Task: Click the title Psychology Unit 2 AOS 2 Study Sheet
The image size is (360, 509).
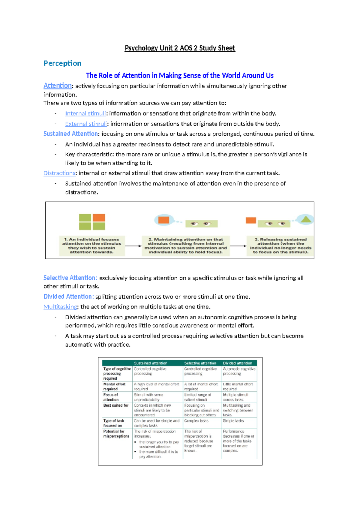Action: click(x=180, y=48)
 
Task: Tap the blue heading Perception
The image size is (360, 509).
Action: click(x=62, y=63)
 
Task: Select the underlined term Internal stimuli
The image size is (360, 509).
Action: click(x=85, y=113)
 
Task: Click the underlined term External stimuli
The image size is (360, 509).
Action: click(x=86, y=124)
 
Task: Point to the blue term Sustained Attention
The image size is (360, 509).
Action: click(x=70, y=134)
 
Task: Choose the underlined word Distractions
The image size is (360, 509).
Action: click(x=59, y=173)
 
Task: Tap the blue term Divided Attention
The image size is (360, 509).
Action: click(x=68, y=297)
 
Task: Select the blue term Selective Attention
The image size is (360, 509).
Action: click(x=70, y=278)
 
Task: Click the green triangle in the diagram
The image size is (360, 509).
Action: click(x=306, y=219)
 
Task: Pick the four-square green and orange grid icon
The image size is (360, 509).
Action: click(x=92, y=222)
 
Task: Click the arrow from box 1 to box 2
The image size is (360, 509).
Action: click(x=133, y=246)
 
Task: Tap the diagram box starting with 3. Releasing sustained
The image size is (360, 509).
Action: click(x=280, y=246)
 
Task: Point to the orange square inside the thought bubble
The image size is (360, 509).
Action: click(x=163, y=220)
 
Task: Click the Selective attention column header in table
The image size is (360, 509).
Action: click(x=200, y=363)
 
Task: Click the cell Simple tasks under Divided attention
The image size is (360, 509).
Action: click(x=233, y=421)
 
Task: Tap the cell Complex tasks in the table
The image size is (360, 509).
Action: click(x=196, y=421)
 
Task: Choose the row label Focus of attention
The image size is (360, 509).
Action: click(x=111, y=397)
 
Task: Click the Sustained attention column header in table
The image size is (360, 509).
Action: click(x=151, y=363)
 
